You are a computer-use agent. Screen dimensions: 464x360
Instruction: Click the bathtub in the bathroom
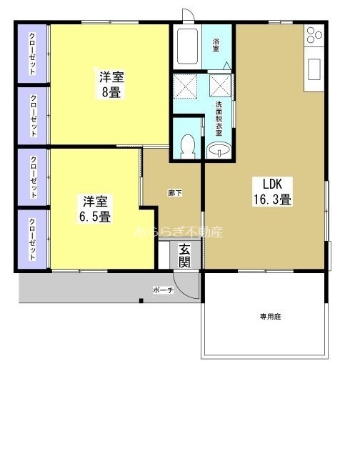coord(187,48)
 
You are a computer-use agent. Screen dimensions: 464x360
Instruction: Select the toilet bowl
coord(187,147)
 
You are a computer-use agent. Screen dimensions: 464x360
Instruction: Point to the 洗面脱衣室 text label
coord(219,119)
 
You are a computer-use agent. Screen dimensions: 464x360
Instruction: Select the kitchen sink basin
coord(314,69)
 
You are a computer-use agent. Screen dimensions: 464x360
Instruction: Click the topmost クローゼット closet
coord(33,54)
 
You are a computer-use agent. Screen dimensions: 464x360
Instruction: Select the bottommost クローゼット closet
coord(33,240)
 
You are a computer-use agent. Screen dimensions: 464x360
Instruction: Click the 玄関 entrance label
coord(184,256)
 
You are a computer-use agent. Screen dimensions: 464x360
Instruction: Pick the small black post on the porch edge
coord(141,300)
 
